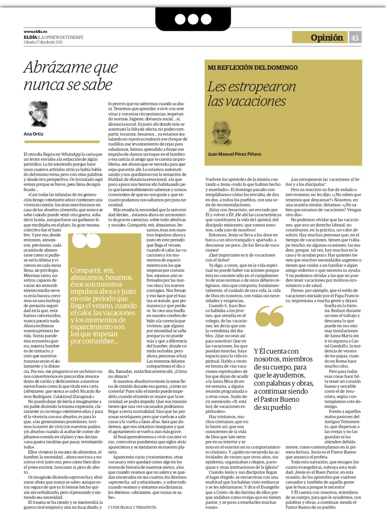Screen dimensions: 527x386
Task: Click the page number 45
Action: click(x=355, y=38)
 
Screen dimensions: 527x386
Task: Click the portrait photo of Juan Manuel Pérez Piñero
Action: click(x=221, y=132)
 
